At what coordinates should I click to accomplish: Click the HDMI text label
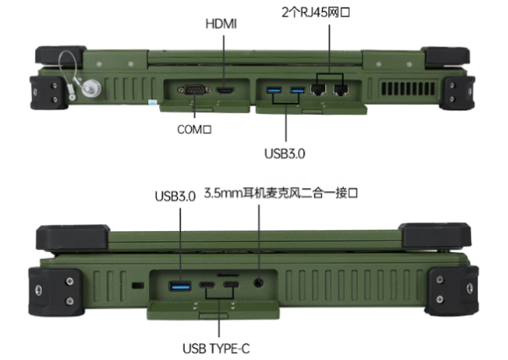click(x=222, y=24)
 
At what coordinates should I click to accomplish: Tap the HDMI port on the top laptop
click(x=224, y=89)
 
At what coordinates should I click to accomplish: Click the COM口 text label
click(x=195, y=130)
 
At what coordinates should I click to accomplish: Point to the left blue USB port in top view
click(x=275, y=89)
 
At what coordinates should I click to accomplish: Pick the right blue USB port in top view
click(x=297, y=89)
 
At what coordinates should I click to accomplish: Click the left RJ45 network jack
click(x=321, y=87)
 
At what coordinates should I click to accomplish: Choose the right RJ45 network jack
click(x=341, y=87)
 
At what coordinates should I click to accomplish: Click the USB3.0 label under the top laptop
click(x=286, y=153)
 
